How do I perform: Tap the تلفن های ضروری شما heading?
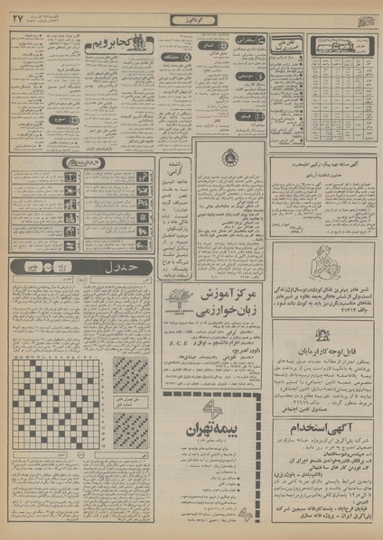(287, 45)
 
